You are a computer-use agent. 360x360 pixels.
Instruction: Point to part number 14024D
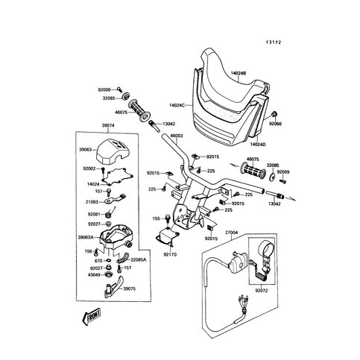tap(259, 143)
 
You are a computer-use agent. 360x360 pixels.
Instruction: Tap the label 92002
tap(89, 170)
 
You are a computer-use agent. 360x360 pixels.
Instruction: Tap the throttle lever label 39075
tap(130, 288)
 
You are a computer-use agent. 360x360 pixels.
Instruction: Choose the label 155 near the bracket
tap(156, 218)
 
